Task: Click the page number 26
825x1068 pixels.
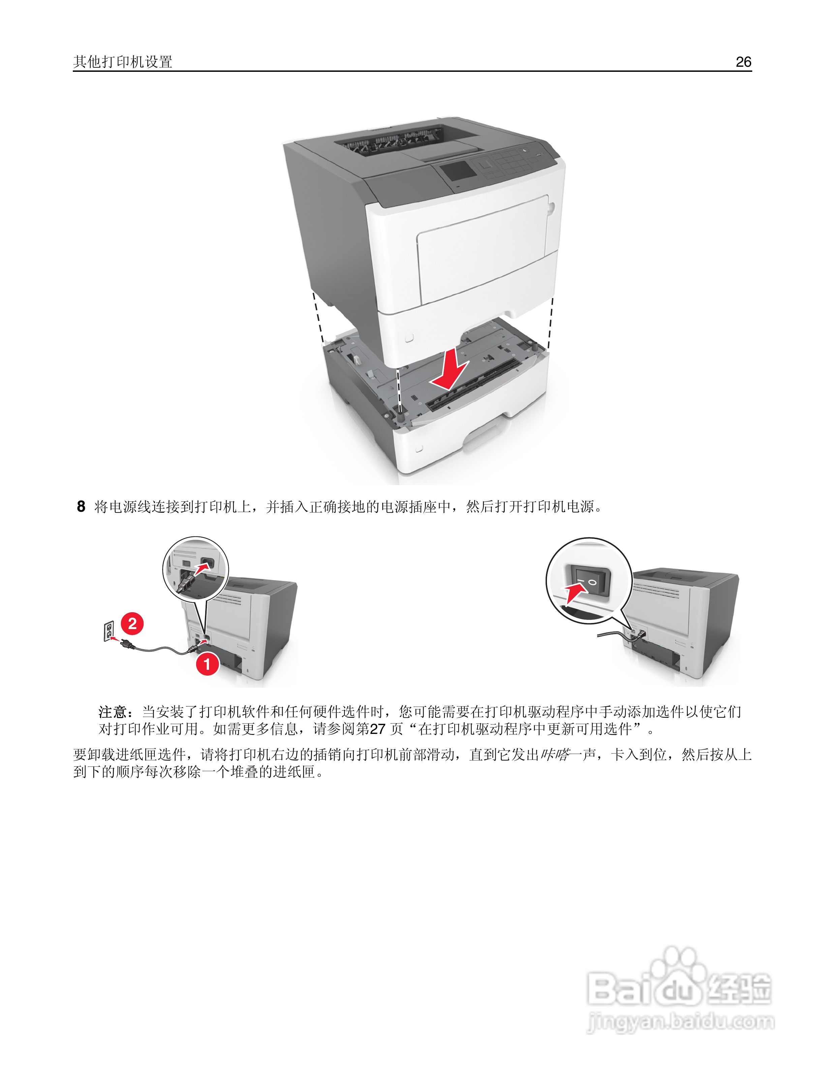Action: pyautogui.click(x=743, y=62)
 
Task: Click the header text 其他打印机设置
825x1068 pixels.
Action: pyautogui.click(x=123, y=62)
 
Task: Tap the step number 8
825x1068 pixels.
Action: pyautogui.click(x=81, y=507)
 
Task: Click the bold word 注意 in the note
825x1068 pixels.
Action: pyautogui.click(x=113, y=712)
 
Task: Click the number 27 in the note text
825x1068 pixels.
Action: pyautogui.click(x=377, y=729)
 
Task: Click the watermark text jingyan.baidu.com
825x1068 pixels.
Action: pyautogui.click(x=681, y=1021)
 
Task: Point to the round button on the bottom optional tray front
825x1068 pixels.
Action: pyautogui.click(x=418, y=448)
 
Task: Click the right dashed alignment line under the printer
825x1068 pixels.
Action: pyautogui.click(x=550, y=323)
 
